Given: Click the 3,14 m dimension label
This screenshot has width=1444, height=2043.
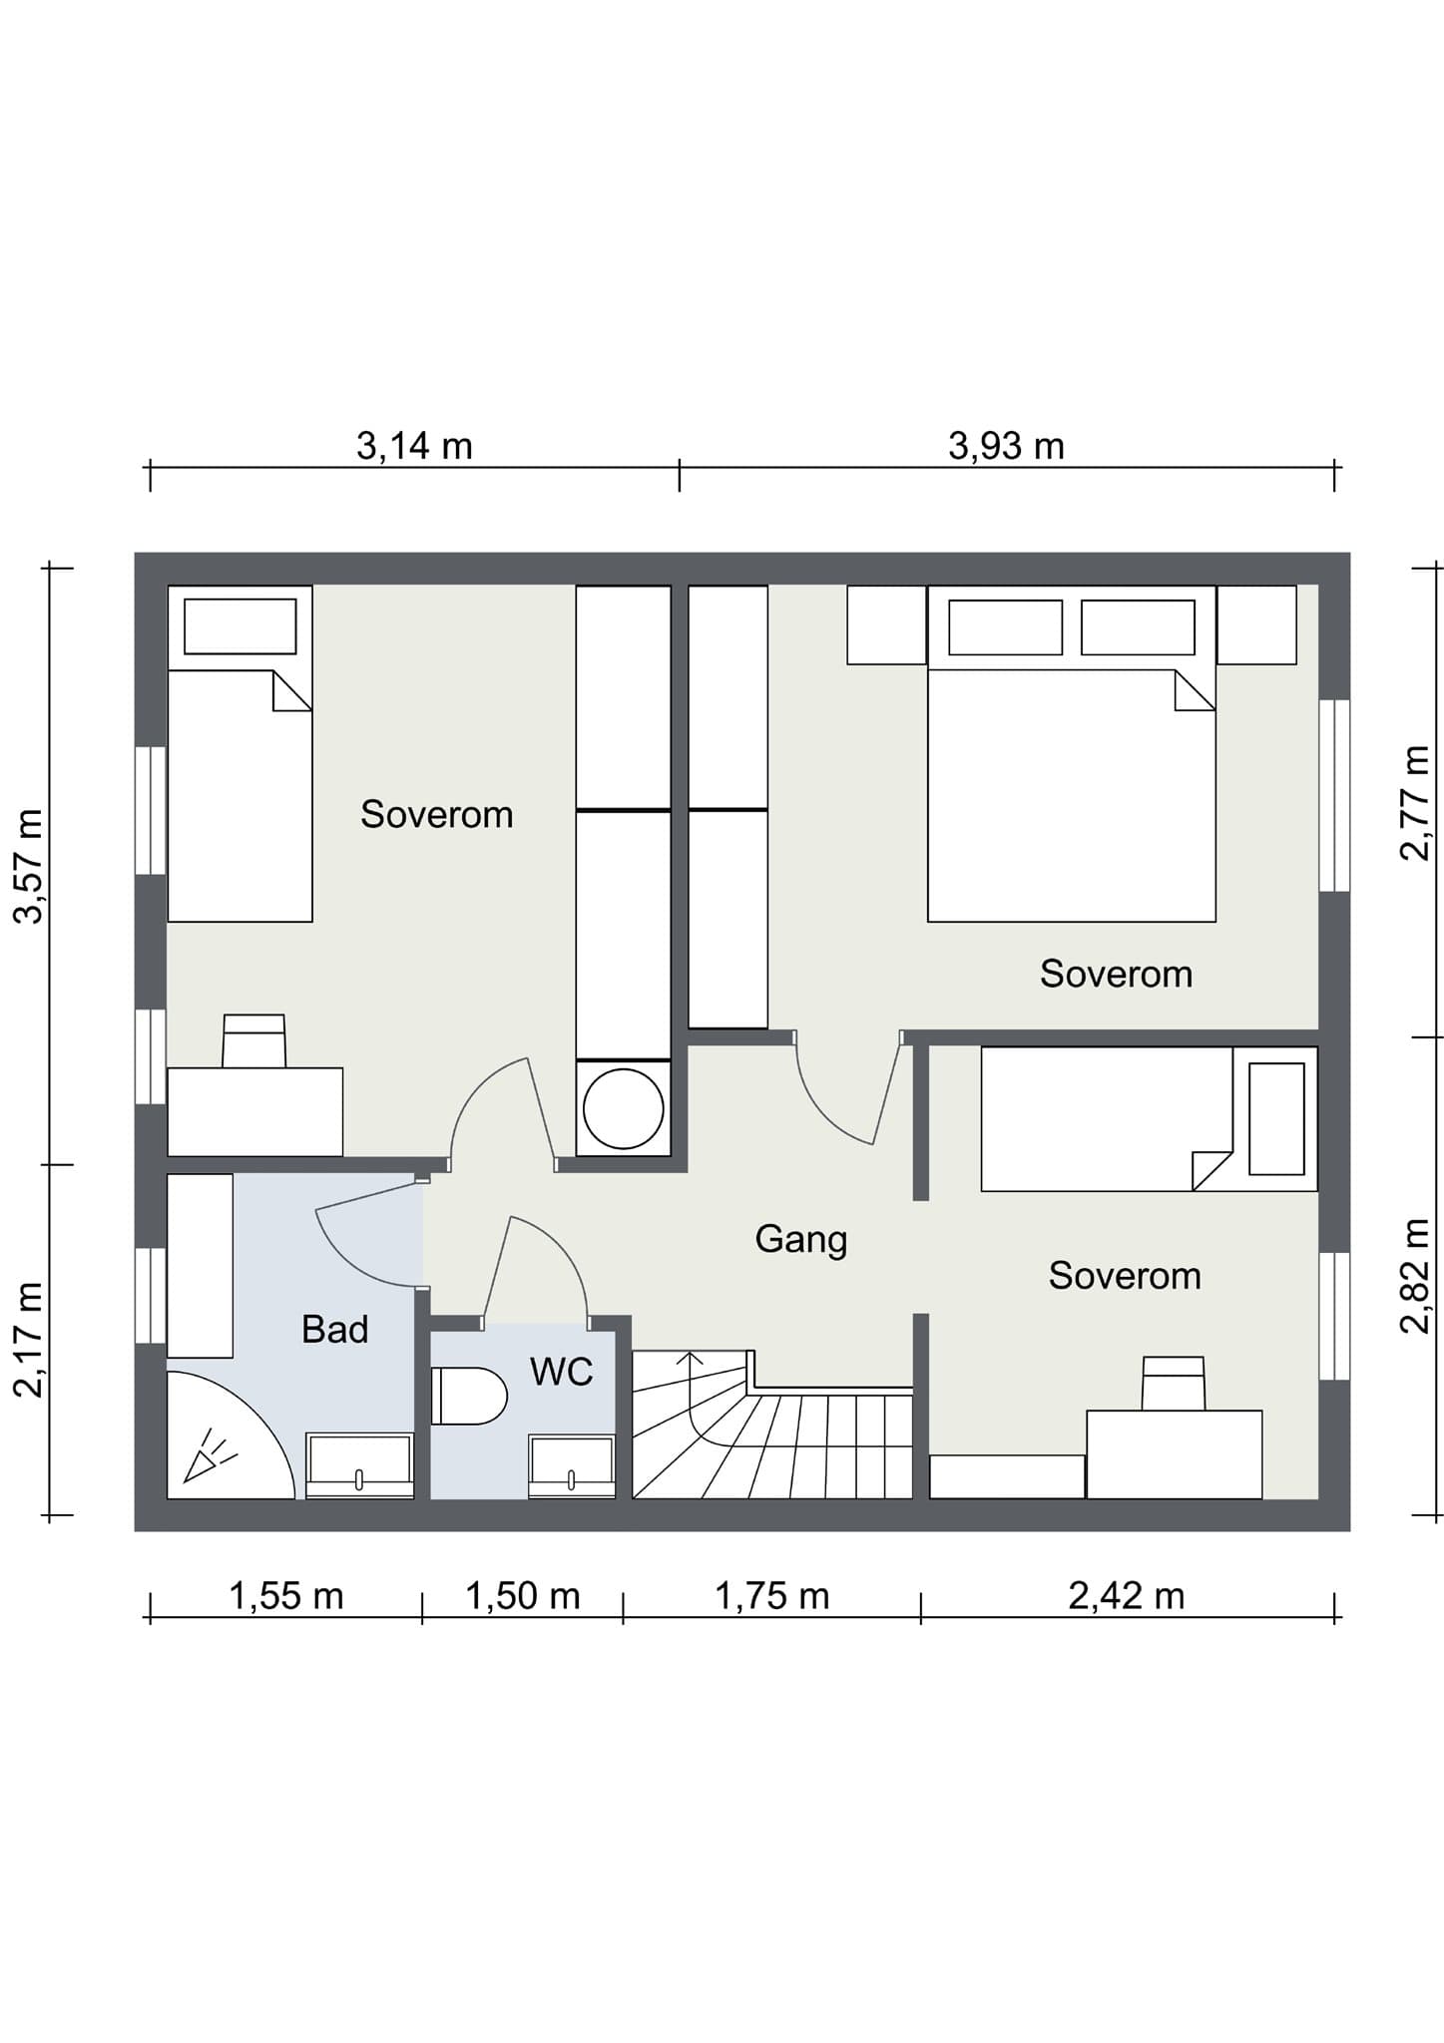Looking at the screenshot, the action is [x=414, y=446].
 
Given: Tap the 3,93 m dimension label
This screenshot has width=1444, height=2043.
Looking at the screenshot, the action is [x=1006, y=446].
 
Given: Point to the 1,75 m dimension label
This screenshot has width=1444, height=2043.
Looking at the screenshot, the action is [x=771, y=1596].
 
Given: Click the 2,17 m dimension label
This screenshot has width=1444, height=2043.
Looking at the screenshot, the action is [x=28, y=1340].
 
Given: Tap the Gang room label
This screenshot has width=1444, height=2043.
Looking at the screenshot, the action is [x=800, y=1240].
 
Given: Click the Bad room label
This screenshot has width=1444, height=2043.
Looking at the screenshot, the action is [x=335, y=1329].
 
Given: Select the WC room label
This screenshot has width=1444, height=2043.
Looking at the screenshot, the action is [x=562, y=1372].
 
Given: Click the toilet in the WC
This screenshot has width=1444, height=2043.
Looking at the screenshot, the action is [x=469, y=1396].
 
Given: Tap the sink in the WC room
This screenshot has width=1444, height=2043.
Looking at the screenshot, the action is [x=572, y=1466].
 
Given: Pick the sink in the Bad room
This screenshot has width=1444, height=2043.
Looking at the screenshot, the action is [x=359, y=1465].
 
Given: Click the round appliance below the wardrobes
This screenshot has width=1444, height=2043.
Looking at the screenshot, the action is [x=624, y=1108].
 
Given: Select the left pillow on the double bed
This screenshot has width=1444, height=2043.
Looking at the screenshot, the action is [x=1005, y=627].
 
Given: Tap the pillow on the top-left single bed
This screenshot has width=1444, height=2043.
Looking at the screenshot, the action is [x=241, y=626].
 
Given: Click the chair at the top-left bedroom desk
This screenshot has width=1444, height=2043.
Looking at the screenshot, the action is [x=254, y=1041].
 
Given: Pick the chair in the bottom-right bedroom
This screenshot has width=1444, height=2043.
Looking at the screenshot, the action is [x=1174, y=1383].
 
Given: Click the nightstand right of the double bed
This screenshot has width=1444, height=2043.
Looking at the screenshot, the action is [x=1256, y=624].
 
